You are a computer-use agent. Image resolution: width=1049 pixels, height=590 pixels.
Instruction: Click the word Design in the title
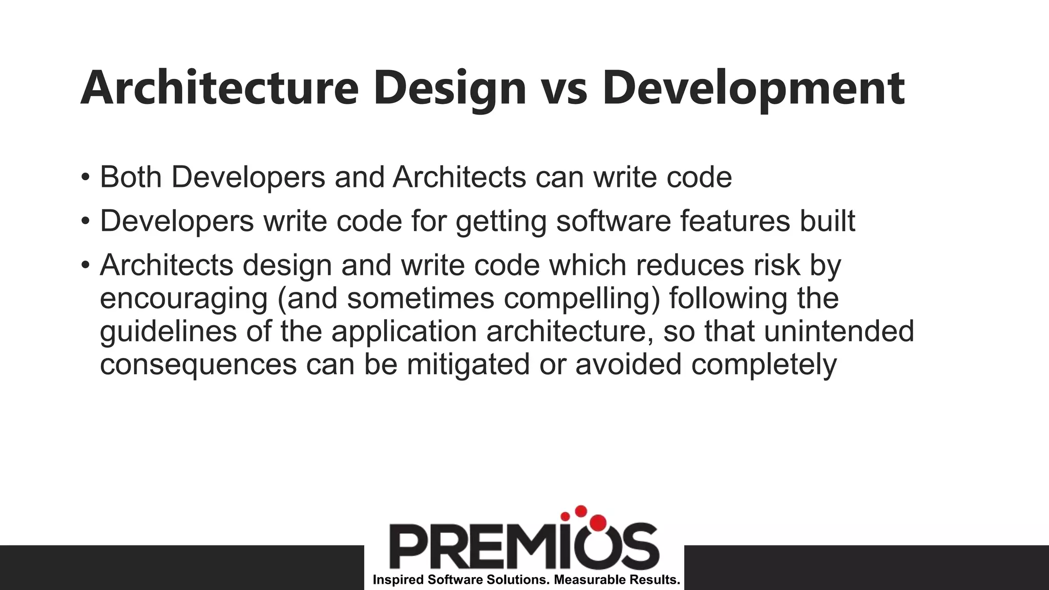point(450,88)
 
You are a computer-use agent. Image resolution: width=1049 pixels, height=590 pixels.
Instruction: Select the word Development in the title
point(753,88)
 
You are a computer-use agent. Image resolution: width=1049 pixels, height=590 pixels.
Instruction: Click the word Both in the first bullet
point(131,177)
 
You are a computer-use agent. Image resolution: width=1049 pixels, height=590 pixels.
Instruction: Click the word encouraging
point(184,299)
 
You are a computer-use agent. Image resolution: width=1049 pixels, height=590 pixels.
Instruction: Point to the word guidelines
point(168,331)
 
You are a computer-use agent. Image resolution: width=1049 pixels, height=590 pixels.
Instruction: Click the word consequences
point(198,364)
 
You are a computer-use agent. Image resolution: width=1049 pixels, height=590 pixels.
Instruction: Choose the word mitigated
point(468,364)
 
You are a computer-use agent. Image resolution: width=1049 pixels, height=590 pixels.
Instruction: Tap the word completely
point(764,364)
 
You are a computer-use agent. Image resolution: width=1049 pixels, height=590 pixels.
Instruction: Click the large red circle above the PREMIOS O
point(597,522)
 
